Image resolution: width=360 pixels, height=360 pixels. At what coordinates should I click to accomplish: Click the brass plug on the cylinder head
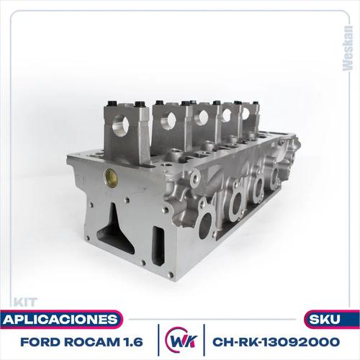click(110, 178)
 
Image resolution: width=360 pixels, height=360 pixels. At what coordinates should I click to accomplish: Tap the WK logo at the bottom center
click(181, 340)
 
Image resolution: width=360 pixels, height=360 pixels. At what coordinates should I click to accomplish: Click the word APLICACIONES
click(60, 320)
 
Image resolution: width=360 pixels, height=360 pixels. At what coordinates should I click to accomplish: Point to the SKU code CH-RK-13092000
click(276, 342)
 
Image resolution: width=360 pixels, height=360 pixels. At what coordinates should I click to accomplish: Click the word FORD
click(40, 342)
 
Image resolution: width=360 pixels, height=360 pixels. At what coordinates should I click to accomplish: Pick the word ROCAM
click(92, 342)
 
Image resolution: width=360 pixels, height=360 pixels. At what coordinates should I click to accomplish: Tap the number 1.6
click(133, 342)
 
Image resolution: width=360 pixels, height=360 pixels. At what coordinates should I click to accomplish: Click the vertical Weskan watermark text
click(348, 48)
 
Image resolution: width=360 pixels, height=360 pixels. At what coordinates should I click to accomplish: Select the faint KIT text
click(25, 302)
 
